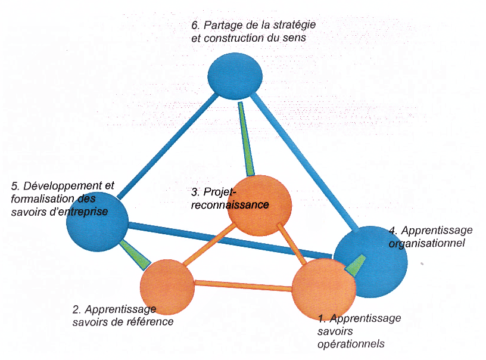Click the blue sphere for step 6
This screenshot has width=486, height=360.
point(235,76)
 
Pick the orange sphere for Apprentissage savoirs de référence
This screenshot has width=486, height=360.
point(167,287)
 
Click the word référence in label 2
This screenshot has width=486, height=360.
point(153,322)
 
